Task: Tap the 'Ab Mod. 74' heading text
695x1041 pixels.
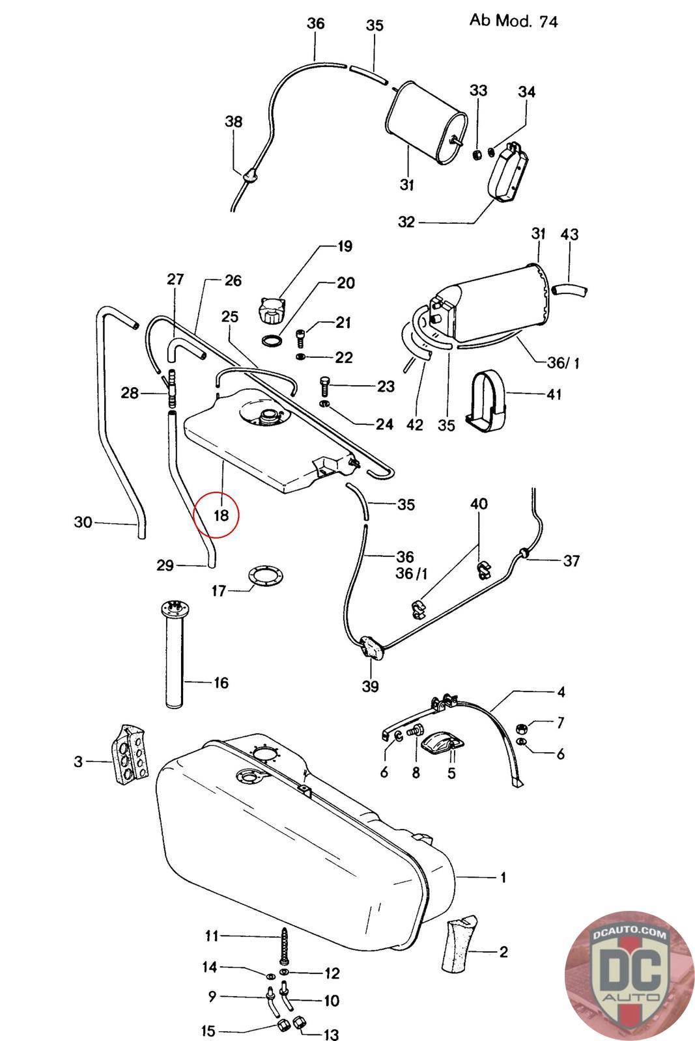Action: [513, 21]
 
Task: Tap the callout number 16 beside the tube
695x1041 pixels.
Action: [221, 683]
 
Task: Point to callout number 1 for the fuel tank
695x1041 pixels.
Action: [502, 877]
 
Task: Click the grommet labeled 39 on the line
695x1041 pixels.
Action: [371, 648]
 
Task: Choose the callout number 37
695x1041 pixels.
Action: [571, 560]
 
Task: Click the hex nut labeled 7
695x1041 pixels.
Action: [522, 727]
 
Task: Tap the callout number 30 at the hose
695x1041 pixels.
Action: [83, 522]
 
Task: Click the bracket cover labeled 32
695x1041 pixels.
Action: [508, 174]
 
